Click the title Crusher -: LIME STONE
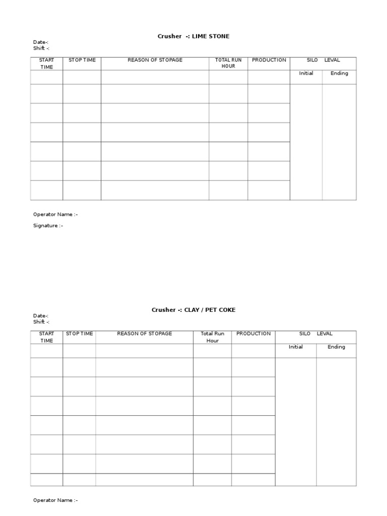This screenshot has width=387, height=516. tap(193, 36)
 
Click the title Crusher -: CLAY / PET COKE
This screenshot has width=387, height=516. tap(193, 310)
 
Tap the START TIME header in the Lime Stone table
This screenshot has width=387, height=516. tap(46, 63)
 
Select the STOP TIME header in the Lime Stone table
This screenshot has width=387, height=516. tap(82, 60)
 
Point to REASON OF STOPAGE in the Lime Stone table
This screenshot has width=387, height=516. tap(155, 60)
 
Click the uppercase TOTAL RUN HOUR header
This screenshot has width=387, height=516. tap(228, 63)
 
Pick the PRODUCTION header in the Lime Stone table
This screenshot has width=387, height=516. tap(269, 60)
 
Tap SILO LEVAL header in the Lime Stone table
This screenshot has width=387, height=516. tap(323, 60)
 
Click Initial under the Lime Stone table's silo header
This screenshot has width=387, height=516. tap(306, 73)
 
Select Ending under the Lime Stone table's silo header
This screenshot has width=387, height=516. tap(339, 73)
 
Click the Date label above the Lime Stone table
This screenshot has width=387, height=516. tap(41, 42)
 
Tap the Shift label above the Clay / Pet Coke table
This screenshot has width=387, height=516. tap(41, 321)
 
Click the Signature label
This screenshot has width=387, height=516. tap(48, 226)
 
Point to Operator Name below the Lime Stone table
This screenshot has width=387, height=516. tap(55, 214)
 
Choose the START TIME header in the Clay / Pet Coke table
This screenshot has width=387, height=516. tap(46, 337)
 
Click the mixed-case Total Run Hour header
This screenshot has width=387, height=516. tap(212, 337)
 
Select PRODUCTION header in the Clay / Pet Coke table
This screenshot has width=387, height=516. tap(253, 334)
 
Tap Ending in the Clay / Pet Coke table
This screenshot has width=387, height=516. tap(336, 347)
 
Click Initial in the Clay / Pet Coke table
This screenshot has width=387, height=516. tap(296, 347)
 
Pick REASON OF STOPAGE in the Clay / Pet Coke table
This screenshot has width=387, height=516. tap(144, 334)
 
